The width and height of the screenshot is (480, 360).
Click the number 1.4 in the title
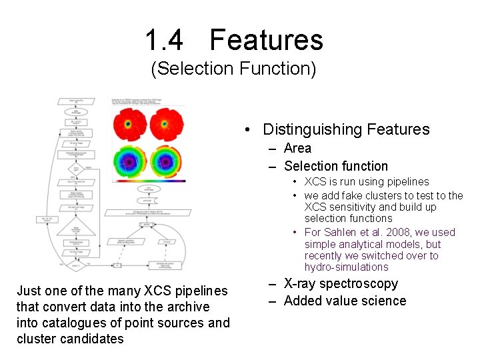coord(164,40)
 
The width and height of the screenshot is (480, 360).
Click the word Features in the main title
coord(266,40)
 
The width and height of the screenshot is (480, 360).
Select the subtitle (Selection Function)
coord(233,69)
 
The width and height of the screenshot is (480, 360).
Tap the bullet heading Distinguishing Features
coord(346,129)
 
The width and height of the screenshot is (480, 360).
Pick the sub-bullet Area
coord(297,148)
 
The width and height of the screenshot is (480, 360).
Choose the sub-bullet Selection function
coord(335,166)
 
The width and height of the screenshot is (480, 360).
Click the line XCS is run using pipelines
coord(367,181)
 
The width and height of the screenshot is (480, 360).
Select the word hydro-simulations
coord(346,267)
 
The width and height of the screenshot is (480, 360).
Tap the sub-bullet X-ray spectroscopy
coord(341,283)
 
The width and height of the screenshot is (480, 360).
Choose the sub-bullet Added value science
coord(345,301)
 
